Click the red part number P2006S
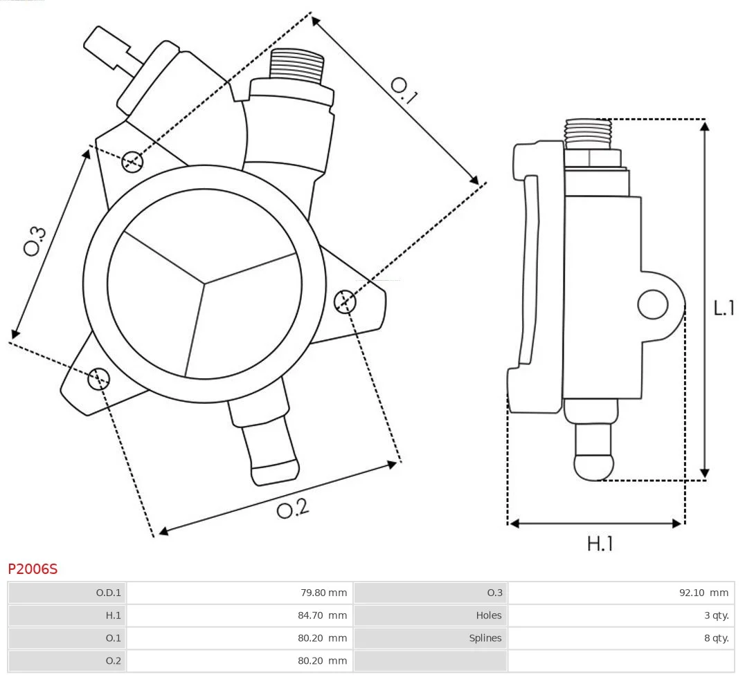coord(33,568)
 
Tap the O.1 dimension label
coord(404,90)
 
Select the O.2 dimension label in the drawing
coord(293,508)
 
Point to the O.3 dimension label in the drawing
coord(35,241)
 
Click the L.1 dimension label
coord(724,308)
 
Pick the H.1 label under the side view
coord(600,544)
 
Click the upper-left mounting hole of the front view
coord(132,162)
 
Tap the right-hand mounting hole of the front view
coord(345,302)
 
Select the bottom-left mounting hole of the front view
coord(99,378)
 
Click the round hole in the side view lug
coord(653,304)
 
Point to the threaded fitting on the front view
coord(297,65)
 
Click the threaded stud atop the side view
coord(589,133)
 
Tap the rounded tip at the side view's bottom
coord(593,467)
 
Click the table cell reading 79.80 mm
coord(323,593)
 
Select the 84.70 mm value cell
coord(322,615)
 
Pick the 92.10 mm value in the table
coord(703,593)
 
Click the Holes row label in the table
coord(488,615)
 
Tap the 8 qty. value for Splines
coord(717,638)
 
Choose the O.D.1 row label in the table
coord(108,593)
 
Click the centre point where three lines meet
coord(204,284)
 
